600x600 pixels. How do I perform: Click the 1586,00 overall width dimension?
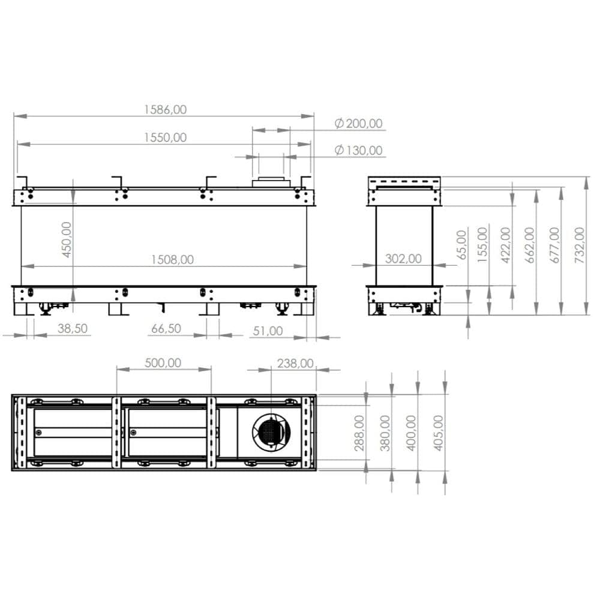coord(165,109)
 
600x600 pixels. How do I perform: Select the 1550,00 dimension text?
coord(165,137)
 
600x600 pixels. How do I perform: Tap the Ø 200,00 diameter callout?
coord(358,124)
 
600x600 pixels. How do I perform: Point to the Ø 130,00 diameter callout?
coord(358,150)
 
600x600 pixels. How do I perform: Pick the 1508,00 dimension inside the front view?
coord(172,259)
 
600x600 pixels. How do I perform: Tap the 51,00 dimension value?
coord(268,331)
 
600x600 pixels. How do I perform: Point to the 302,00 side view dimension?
coord(403,259)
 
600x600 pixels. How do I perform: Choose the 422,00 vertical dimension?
coord(505,245)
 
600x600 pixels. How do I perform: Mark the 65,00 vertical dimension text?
coord(461,245)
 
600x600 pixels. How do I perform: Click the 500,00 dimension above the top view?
coord(163,363)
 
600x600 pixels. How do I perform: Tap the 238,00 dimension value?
coord(295,363)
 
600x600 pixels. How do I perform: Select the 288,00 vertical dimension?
coord(359,433)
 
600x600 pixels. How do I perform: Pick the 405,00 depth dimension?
coord(437,433)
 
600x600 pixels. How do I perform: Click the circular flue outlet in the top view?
coord(271,432)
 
